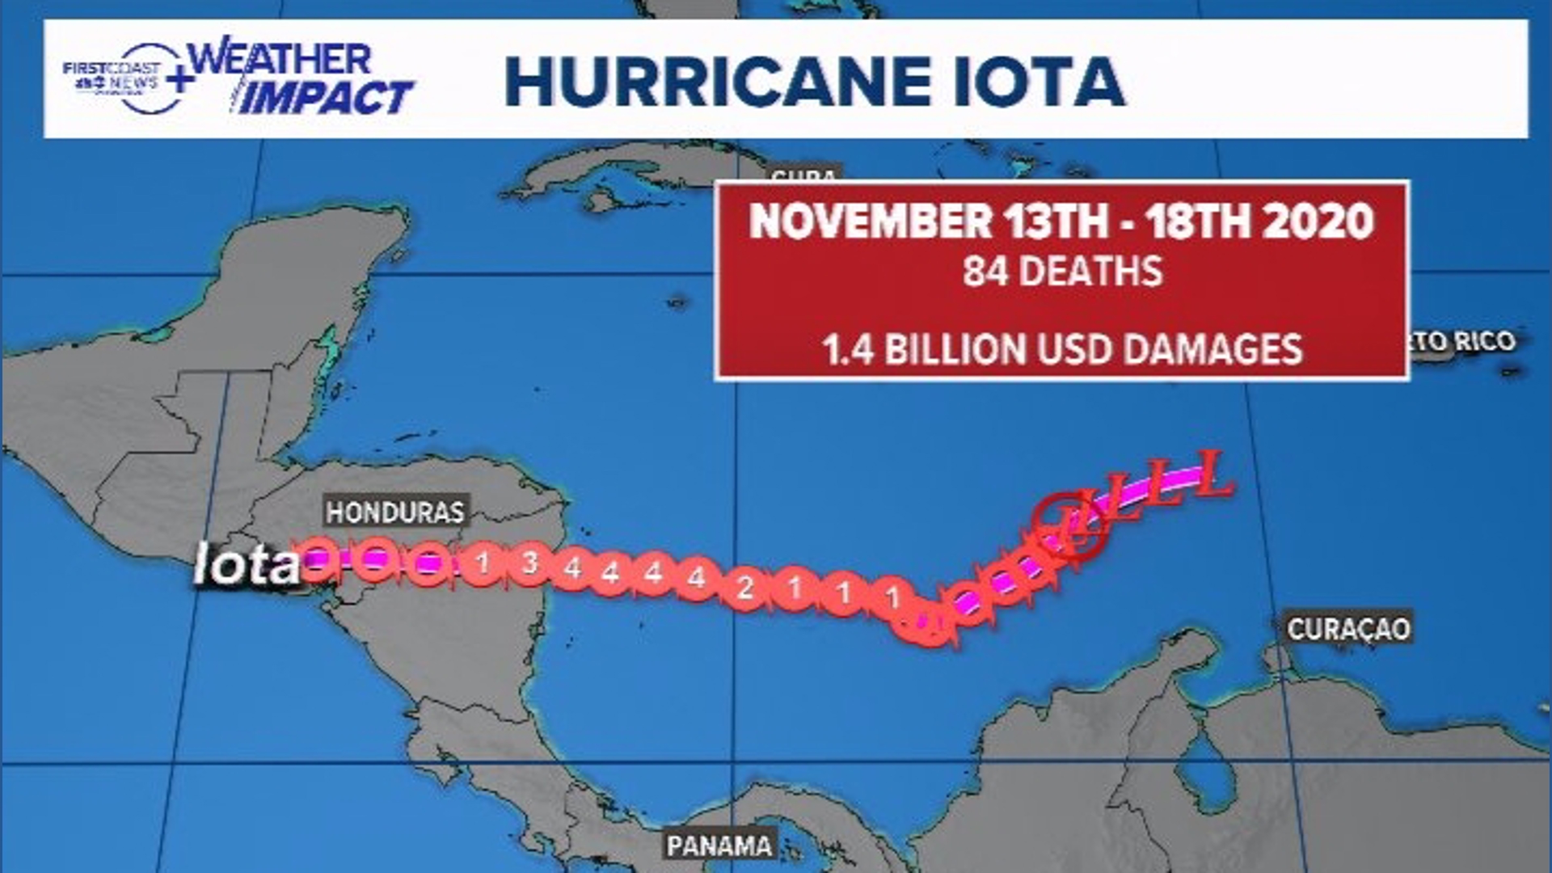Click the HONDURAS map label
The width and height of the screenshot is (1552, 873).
click(x=395, y=512)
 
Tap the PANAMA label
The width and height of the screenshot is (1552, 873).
click(x=719, y=846)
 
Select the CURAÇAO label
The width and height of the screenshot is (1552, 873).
click(x=1348, y=628)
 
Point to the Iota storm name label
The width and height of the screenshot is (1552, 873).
click(x=247, y=563)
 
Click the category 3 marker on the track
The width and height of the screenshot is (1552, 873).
click(x=529, y=563)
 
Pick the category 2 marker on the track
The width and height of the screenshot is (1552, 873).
click(x=744, y=587)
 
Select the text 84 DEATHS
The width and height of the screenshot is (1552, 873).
click(x=1062, y=271)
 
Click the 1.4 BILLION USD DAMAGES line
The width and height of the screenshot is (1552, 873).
click(x=1062, y=349)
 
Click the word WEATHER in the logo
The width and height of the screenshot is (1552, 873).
click(x=280, y=59)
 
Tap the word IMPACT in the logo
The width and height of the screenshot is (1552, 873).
click(x=327, y=98)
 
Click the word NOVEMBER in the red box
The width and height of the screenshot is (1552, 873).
click(x=871, y=221)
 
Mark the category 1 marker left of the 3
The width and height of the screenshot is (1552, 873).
click(x=483, y=560)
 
